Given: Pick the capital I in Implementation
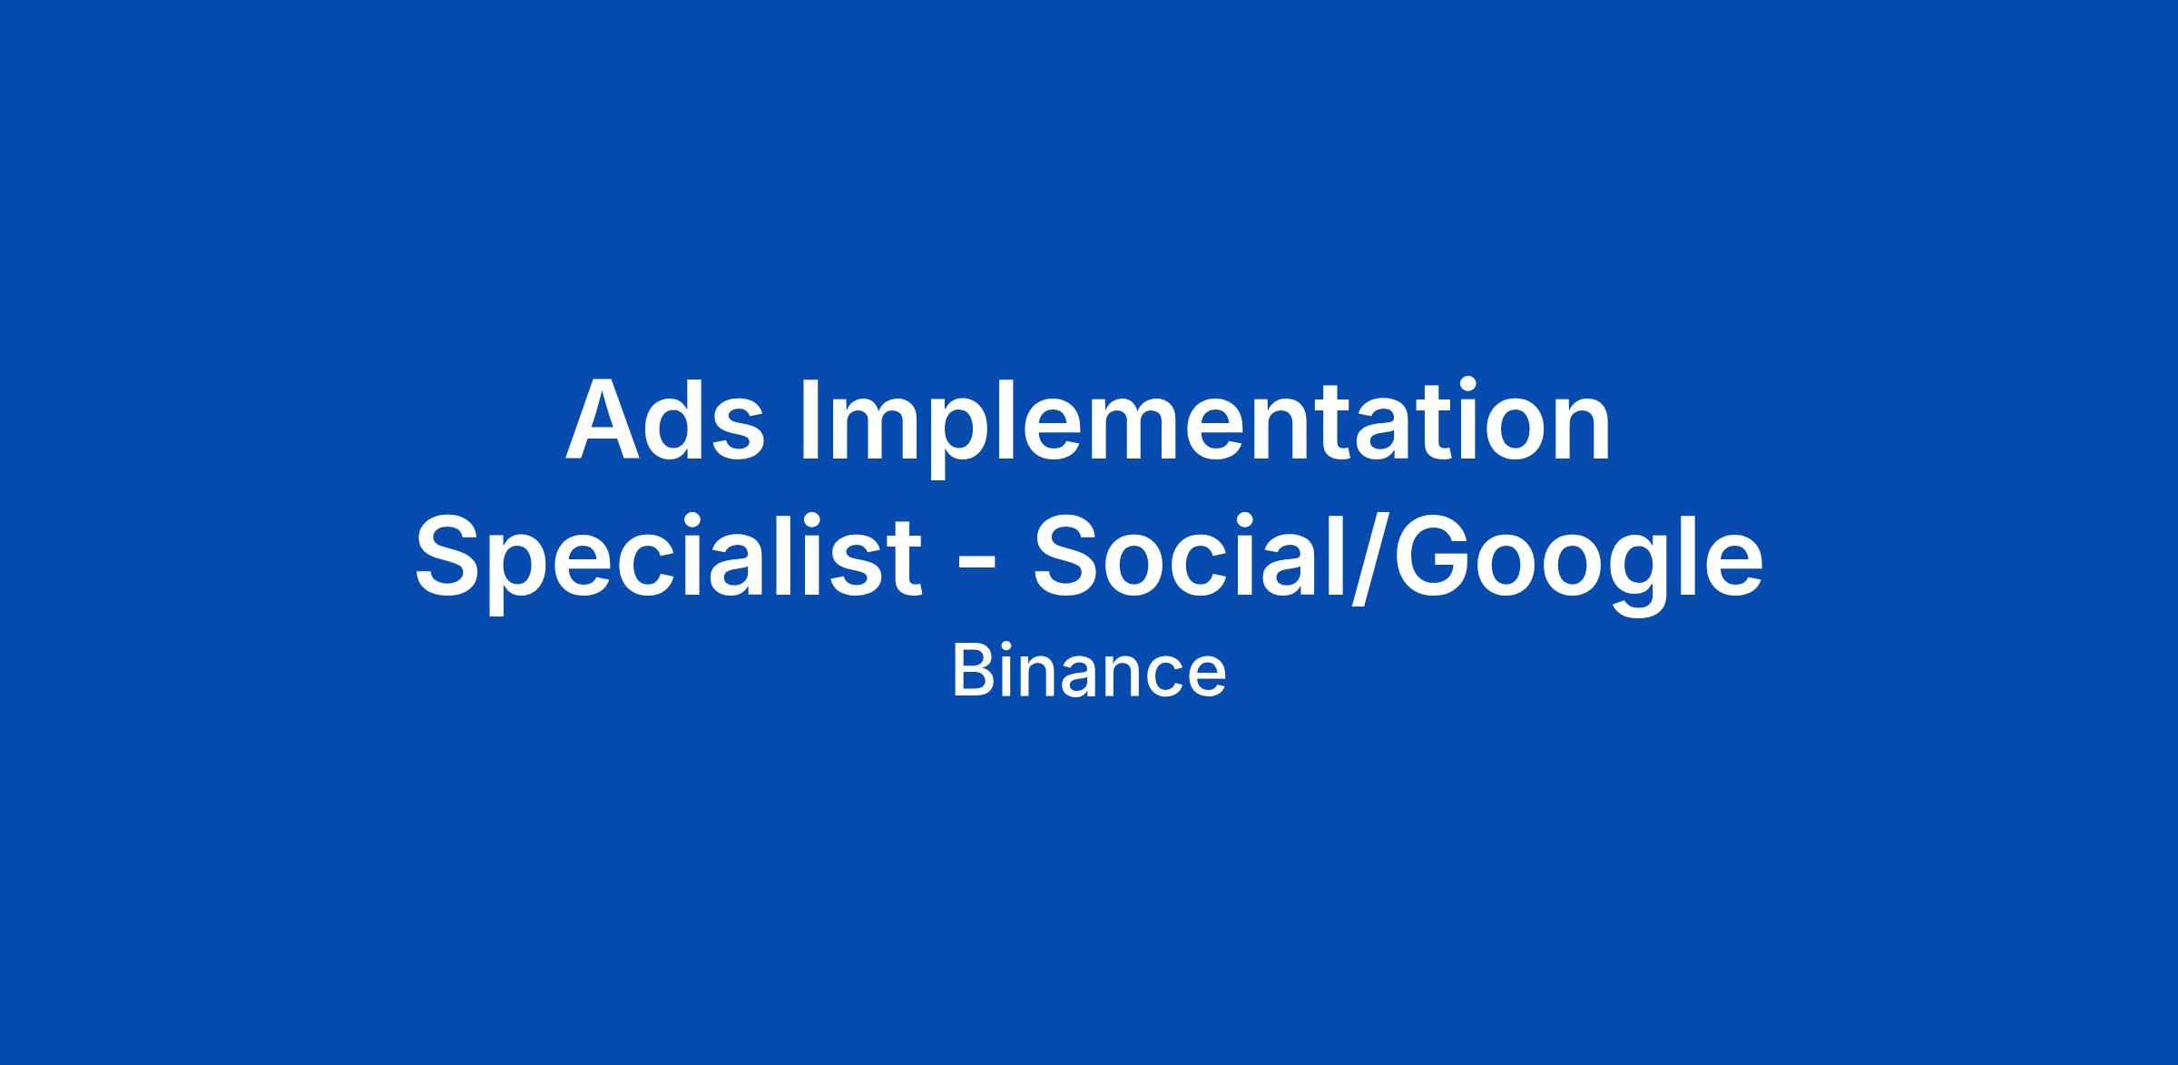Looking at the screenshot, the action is click(x=810, y=419).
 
